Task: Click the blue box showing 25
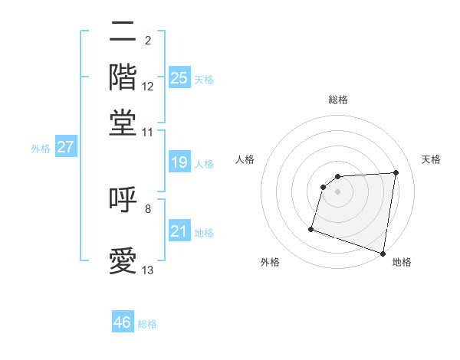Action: (x=179, y=77)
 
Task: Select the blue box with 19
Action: (x=179, y=162)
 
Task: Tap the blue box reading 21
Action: (x=179, y=231)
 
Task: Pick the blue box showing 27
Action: (x=65, y=147)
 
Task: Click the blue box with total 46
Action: (x=123, y=322)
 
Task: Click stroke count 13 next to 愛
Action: (x=148, y=270)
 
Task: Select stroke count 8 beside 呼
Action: (x=148, y=208)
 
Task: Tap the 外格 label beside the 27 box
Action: (x=40, y=149)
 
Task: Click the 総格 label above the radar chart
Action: (x=337, y=100)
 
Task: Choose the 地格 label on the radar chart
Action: (x=402, y=262)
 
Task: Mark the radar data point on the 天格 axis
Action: (x=396, y=172)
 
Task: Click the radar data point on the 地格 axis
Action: (x=383, y=252)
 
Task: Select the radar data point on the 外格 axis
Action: (x=311, y=228)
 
